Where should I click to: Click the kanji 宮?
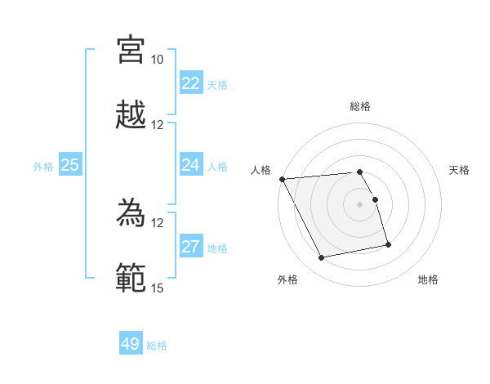pos(131,50)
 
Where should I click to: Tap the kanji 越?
pos(131,115)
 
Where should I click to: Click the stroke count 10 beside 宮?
pos(157,60)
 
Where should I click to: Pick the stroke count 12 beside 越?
pos(157,125)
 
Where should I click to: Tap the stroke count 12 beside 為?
pos(157,222)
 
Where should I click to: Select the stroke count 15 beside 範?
pos(157,288)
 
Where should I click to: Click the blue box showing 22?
pos(191,83)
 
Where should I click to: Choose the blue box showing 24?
pos(191,165)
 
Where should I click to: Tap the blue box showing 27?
pos(191,247)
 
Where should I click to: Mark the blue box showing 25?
pos(69,165)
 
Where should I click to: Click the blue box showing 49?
pos(131,344)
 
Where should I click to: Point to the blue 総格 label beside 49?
pos(157,346)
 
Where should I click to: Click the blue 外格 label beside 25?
pos(43,167)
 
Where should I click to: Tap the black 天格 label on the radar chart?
pos(460,170)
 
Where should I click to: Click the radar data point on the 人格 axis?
pos(282,179)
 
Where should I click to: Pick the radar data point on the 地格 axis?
pos(388,244)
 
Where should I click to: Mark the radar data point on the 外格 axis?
pos(322,258)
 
